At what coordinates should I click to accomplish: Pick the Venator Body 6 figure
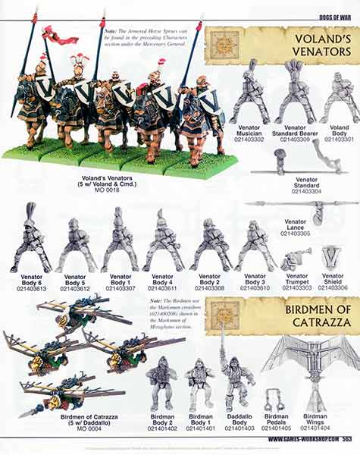(31, 239)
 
